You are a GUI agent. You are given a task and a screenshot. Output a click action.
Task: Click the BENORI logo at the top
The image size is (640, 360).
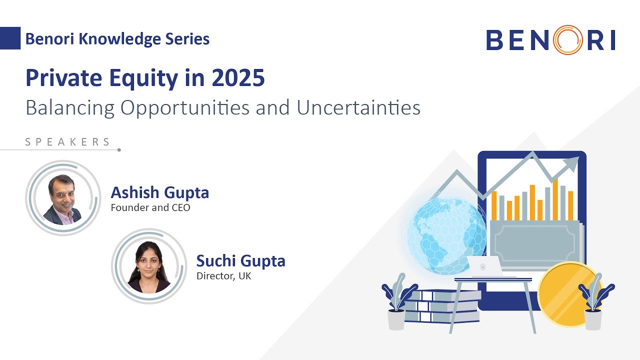[550, 40]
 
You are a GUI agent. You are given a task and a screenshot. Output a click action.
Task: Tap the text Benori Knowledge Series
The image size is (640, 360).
[117, 38]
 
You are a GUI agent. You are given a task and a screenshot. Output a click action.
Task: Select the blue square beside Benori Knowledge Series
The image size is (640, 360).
[10, 38]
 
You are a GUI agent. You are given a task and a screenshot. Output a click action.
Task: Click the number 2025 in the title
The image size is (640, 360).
[238, 78]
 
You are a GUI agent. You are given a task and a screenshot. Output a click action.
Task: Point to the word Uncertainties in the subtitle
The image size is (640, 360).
[358, 107]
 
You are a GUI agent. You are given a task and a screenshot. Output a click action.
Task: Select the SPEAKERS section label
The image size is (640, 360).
[68, 142]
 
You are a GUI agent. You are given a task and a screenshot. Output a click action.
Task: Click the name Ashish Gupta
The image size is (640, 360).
[159, 192]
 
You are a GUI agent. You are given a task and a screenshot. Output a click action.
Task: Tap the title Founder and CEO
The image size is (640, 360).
[150, 207]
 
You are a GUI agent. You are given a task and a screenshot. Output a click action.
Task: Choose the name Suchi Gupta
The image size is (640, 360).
[240, 261]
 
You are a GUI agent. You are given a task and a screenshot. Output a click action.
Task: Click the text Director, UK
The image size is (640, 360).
[223, 275]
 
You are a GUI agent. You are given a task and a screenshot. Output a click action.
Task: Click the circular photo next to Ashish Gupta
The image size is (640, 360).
[63, 198]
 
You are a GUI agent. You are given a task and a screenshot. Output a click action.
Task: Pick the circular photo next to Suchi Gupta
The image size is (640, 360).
[149, 266]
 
